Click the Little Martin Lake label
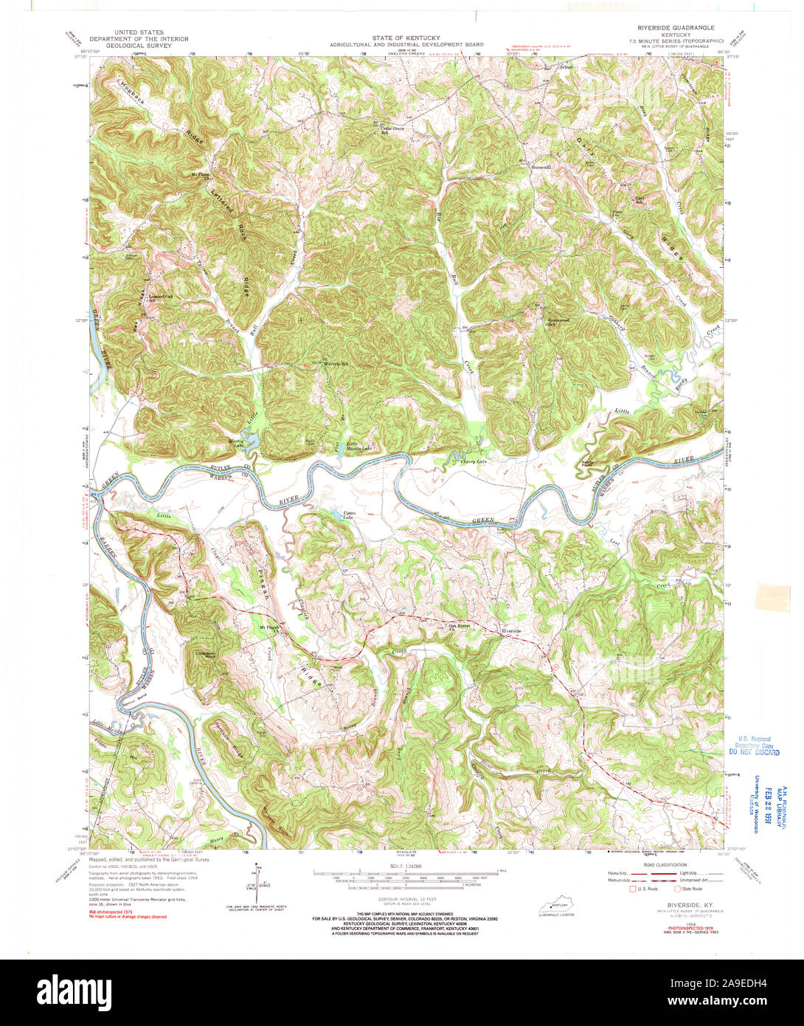(x=359, y=447)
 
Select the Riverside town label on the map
(x=511, y=631)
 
